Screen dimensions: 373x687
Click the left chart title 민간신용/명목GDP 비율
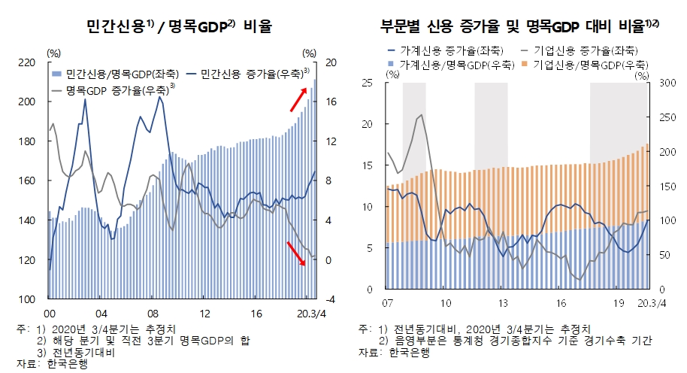[x=180, y=28]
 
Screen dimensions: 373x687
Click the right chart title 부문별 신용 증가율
[x=519, y=28]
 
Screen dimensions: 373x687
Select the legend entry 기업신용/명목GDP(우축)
[x=589, y=65]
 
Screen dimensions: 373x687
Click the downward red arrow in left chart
[x=297, y=254]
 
